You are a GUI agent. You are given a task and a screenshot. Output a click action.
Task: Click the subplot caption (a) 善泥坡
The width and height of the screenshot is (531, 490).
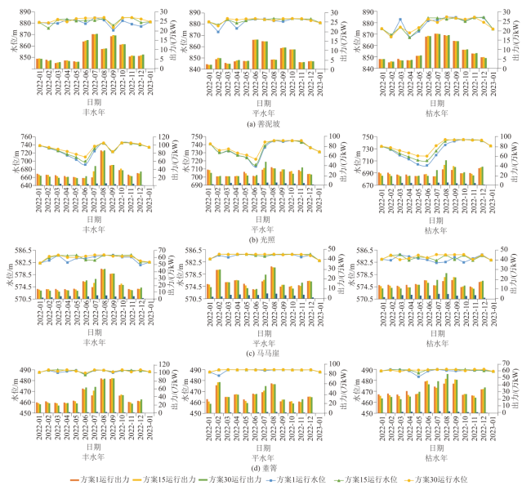[265, 123]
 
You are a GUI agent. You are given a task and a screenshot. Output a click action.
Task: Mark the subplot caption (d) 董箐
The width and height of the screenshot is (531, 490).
[265, 468]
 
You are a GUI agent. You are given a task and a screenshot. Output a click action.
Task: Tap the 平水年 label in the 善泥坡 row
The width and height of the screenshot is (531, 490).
[265, 113]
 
